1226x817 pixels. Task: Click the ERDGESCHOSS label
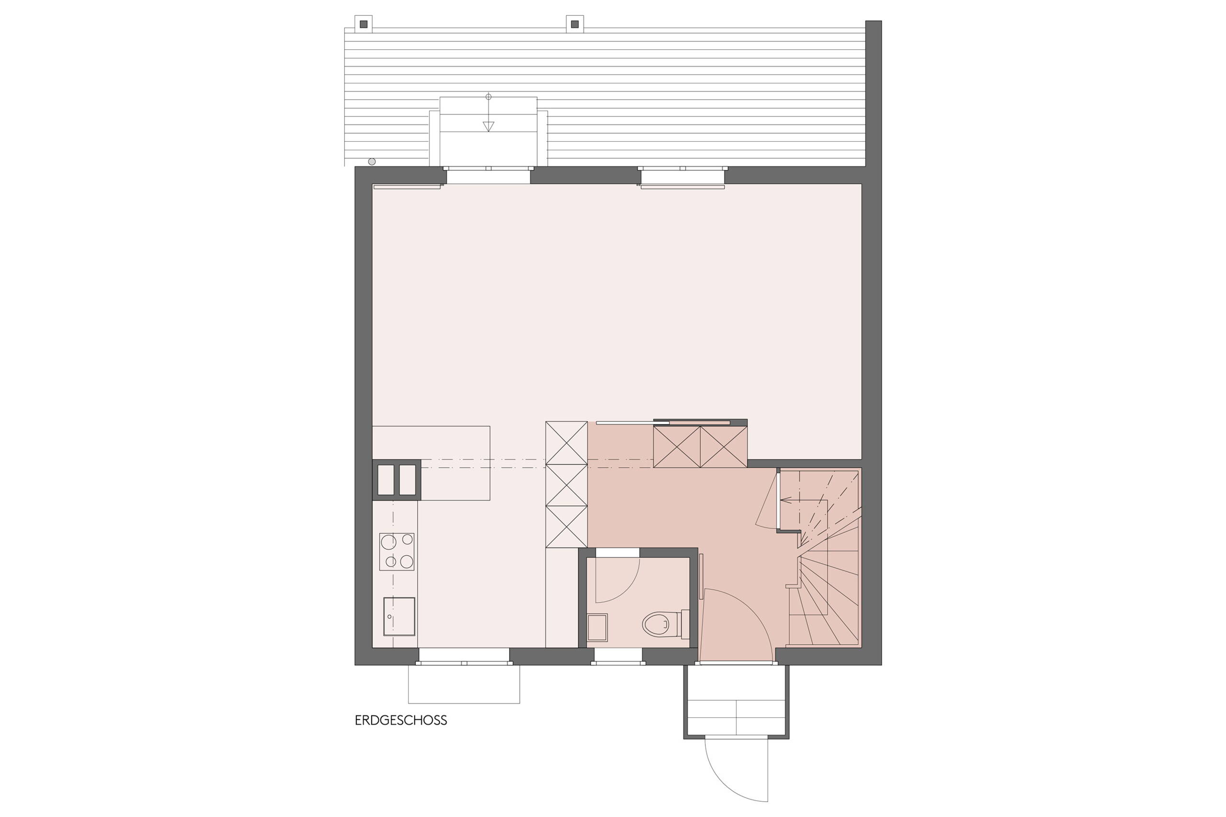click(401, 721)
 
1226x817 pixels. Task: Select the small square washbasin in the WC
click(597, 627)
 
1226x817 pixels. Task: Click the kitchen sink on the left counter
click(399, 616)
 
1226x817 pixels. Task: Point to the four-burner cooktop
click(397, 552)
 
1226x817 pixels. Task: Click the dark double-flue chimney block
click(396, 480)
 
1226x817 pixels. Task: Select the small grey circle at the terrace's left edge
click(372, 161)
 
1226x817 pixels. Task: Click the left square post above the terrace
click(363, 24)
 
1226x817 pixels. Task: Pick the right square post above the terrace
click(574, 24)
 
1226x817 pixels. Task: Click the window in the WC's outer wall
click(618, 657)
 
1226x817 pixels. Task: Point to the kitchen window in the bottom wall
click(464, 657)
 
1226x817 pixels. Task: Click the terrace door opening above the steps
click(488, 176)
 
